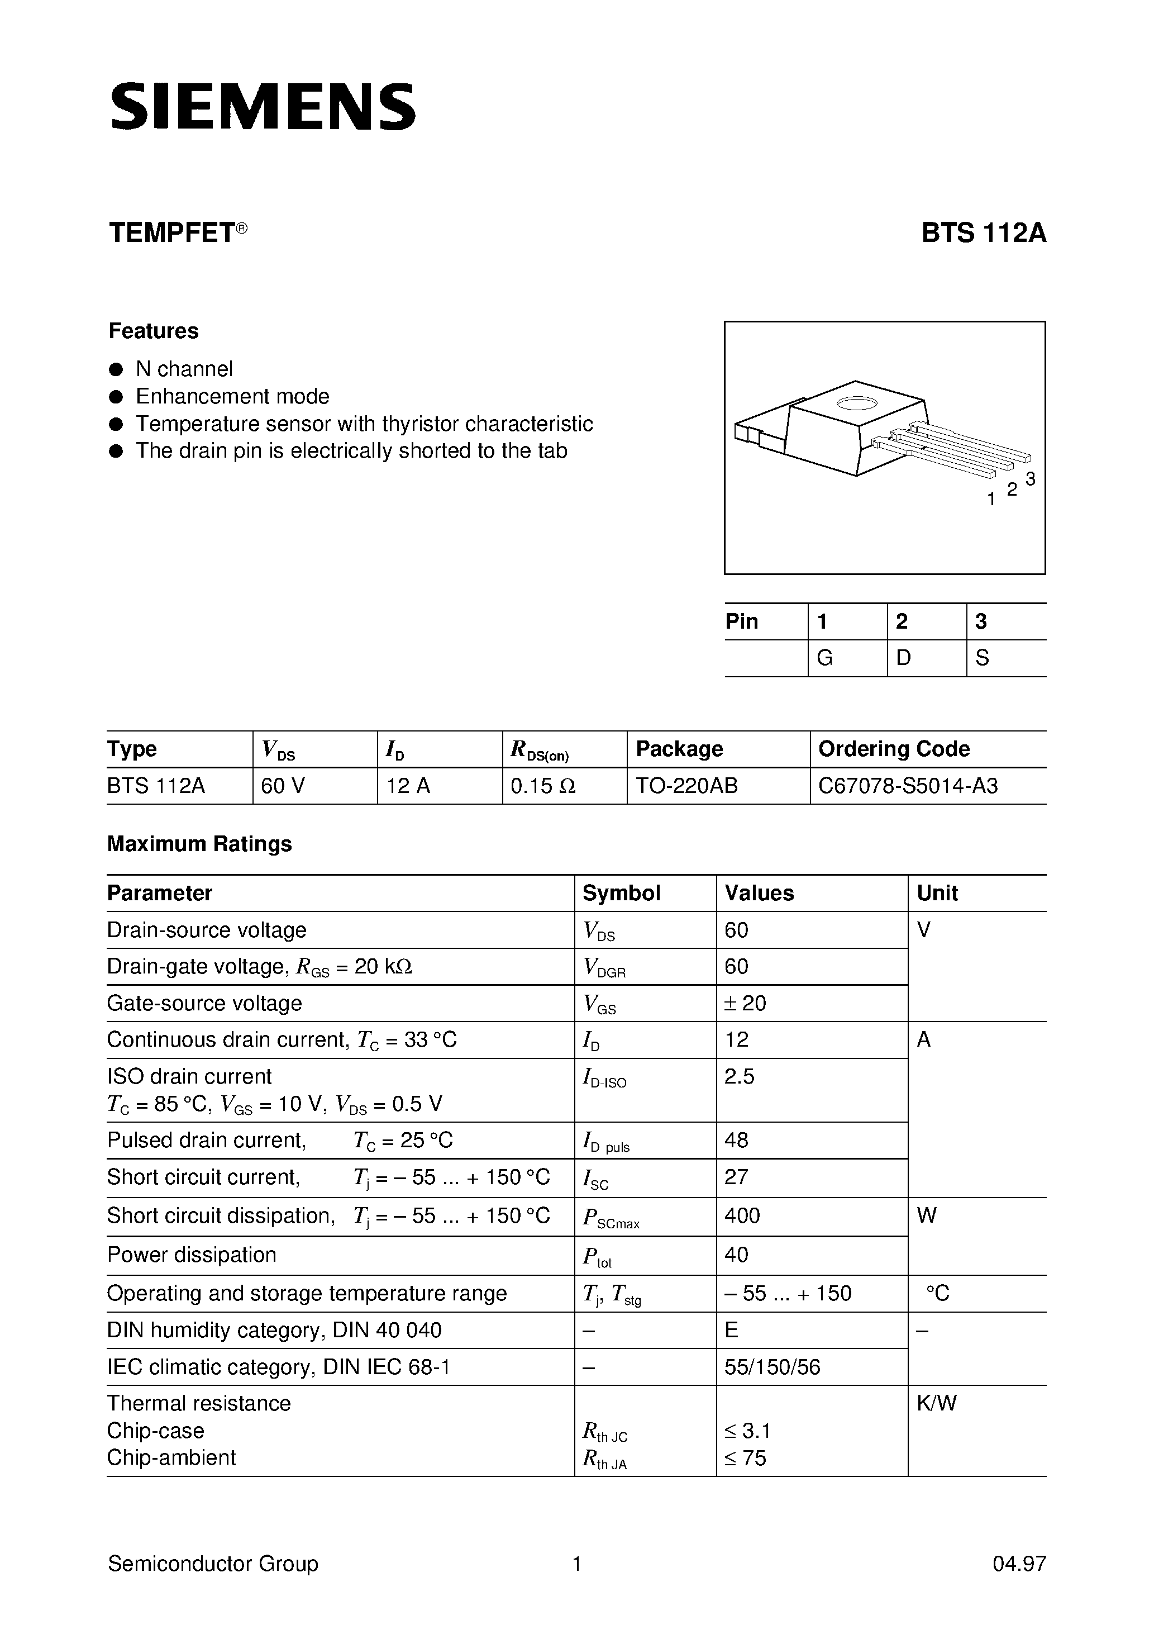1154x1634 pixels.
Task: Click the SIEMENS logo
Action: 263,107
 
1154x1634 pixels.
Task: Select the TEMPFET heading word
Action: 171,234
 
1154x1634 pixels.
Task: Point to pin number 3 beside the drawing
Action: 1030,479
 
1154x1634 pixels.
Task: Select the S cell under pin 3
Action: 982,658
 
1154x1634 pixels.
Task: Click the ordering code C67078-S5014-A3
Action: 908,786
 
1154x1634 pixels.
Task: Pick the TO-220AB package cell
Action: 686,786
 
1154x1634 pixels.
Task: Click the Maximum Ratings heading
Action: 199,844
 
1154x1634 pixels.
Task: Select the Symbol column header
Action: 621,893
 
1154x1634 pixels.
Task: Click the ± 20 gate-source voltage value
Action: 745,1004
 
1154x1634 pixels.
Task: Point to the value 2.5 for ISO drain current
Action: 739,1077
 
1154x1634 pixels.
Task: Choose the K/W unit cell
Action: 936,1403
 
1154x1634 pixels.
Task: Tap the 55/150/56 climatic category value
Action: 772,1367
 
